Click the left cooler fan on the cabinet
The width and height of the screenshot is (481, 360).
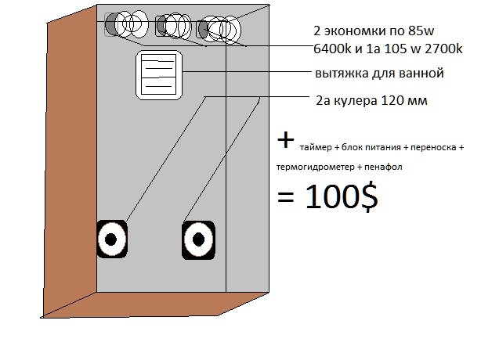[112, 239]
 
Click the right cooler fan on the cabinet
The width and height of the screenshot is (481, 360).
[198, 240]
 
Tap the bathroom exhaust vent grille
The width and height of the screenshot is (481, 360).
[159, 75]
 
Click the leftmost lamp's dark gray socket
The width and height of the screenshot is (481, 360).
[110, 23]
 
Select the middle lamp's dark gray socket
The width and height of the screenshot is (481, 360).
[161, 25]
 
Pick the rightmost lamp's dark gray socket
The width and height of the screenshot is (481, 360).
[202, 30]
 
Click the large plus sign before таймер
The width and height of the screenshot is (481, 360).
[286, 141]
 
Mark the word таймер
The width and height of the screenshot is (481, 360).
[316, 148]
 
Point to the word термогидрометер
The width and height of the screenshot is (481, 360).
[315, 167]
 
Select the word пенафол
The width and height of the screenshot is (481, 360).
[383, 167]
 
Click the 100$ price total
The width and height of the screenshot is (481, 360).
[342, 196]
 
